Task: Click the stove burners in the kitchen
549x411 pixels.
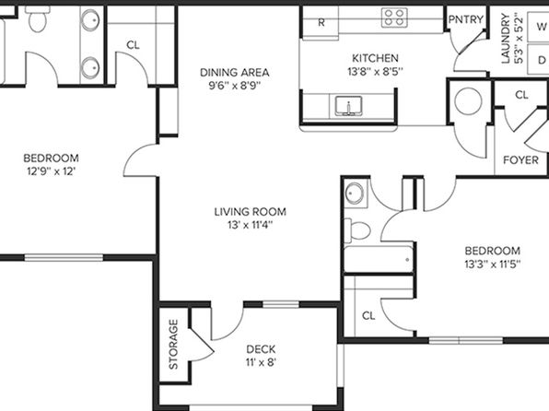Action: (394, 18)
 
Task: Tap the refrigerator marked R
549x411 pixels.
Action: (321, 22)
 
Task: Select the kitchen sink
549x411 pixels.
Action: (348, 106)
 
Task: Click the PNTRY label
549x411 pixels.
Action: (466, 19)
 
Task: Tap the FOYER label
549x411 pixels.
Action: (520, 160)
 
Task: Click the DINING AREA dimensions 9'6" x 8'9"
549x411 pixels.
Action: (235, 86)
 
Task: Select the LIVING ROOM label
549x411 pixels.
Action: (250, 212)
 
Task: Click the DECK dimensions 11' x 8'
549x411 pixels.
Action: (261, 362)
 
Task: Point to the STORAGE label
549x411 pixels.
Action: (173, 345)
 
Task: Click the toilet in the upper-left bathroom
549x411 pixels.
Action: (38, 19)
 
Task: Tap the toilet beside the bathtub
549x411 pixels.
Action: (357, 230)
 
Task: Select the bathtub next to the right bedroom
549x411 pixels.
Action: (379, 259)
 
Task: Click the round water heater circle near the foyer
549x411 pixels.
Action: (468, 101)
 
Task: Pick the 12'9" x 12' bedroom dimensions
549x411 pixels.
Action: (51, 171)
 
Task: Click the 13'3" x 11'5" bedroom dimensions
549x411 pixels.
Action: (492, 264)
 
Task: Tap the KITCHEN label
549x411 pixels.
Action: (375, 58)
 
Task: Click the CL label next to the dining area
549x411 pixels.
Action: (133, 45)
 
